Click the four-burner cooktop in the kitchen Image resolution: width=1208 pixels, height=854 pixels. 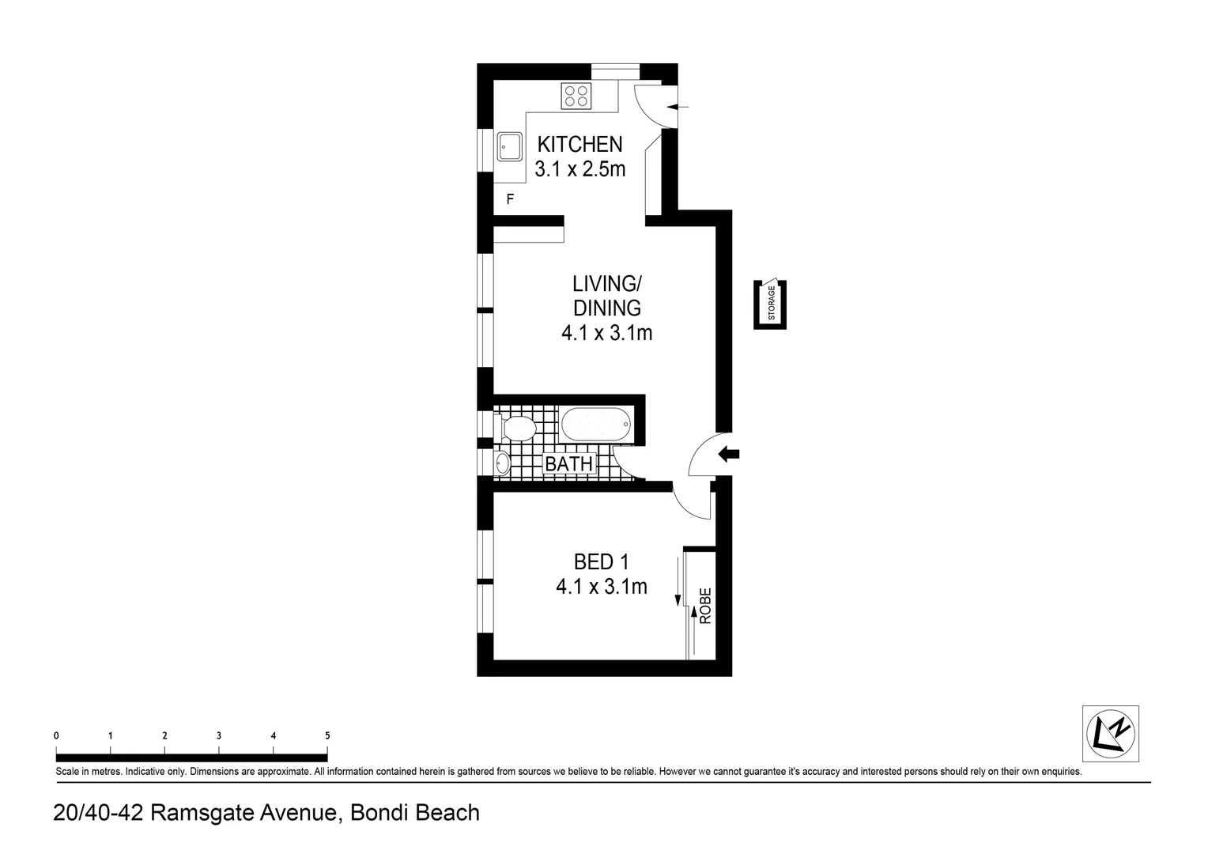(576, 96)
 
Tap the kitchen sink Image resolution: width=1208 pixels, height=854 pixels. (508, 145)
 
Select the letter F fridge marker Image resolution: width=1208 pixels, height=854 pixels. (510, 199)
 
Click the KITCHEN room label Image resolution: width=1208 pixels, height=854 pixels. (579, 144)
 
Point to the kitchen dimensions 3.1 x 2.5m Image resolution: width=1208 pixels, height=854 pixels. (579, 168)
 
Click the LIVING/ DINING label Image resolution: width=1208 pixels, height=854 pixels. (606, 295)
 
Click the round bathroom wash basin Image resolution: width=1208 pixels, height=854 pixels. (502, 463)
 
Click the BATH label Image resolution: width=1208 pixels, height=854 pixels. (568, 463)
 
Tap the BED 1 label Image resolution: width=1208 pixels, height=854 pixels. (601, 561)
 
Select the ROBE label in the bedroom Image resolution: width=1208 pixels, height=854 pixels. (705, 605)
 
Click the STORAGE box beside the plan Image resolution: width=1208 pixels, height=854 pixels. (770, 304)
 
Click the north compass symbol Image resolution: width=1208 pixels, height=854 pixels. (1110, 733)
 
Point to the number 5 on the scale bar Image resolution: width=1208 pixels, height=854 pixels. (327, 735)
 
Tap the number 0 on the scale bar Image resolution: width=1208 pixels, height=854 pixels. (56, 735)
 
